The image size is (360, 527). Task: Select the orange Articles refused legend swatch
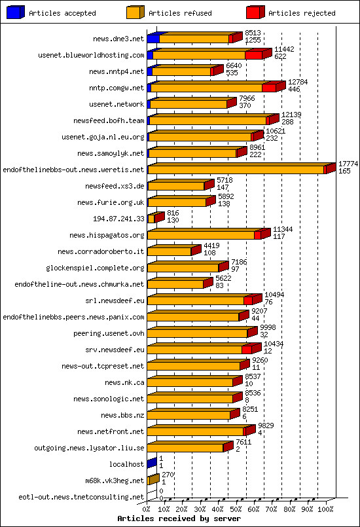coord(135,12)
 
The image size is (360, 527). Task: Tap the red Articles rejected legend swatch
coord(255,12)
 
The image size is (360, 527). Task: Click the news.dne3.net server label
coord(117,39)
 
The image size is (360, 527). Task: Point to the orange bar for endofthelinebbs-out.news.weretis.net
coord(236,170)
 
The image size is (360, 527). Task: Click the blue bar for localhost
coord(151,464)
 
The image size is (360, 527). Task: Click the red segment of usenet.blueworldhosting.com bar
coord(253,55)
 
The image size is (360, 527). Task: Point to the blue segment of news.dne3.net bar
coord(153,39)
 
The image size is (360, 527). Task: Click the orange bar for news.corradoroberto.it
coord(169,251)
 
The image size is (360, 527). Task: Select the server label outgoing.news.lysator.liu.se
coord(89,448)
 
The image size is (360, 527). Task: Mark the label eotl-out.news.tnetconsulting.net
coord(81,497)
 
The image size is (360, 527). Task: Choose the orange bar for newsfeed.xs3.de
coord(176,186)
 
